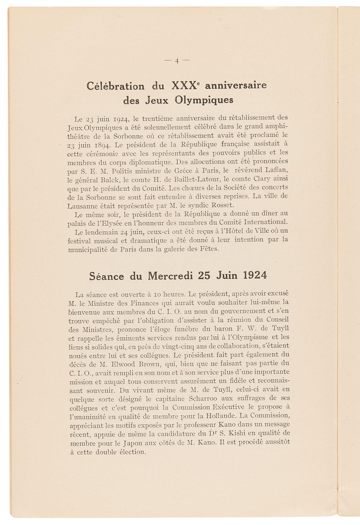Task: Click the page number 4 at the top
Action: coord(177,61)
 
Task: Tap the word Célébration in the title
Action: coord(115,86)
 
